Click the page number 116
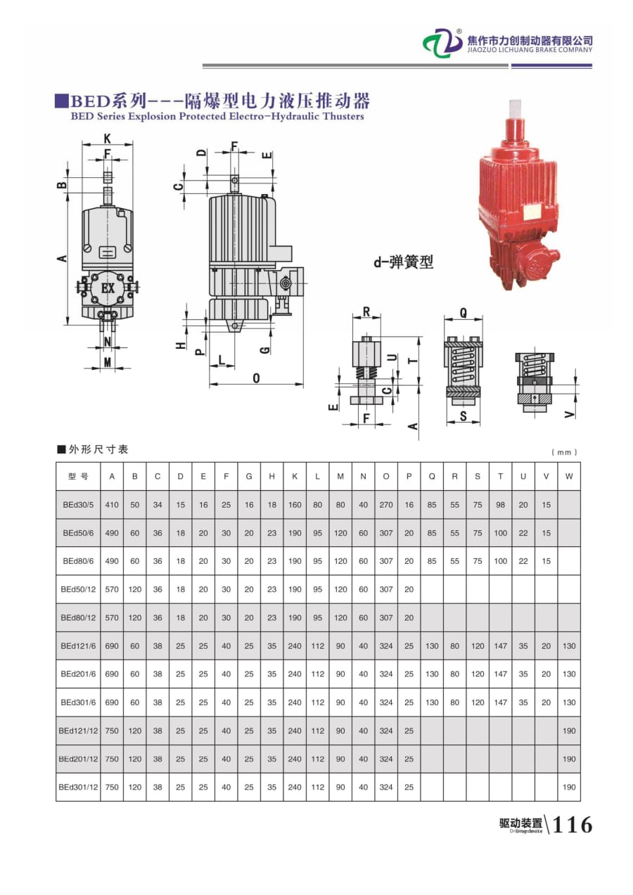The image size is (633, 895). (x=573, y=824)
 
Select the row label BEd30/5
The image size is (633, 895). (x=78, y=505)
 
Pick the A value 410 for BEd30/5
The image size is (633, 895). (x=112, y=505)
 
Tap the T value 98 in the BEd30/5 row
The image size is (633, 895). (x=500, y=505)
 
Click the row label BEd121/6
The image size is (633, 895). (x=78, y=645)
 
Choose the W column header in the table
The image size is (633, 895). (x=568, y=476)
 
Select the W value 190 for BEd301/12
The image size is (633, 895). (x=568, y=787)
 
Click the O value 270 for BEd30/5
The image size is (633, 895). (x=385, y=505)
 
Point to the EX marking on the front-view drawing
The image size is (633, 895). (x=108, y=288)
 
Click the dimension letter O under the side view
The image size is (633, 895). (x=256, y=378)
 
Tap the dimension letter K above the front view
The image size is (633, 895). (x=107, y=137)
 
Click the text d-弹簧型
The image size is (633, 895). (x=403, y=263)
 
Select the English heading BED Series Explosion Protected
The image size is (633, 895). (x=217, y=117)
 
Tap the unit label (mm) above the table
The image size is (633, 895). (x=565, y=452)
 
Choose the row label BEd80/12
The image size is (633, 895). (x=78, y=617)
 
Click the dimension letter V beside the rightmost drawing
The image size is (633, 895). (x=570, y=415)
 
